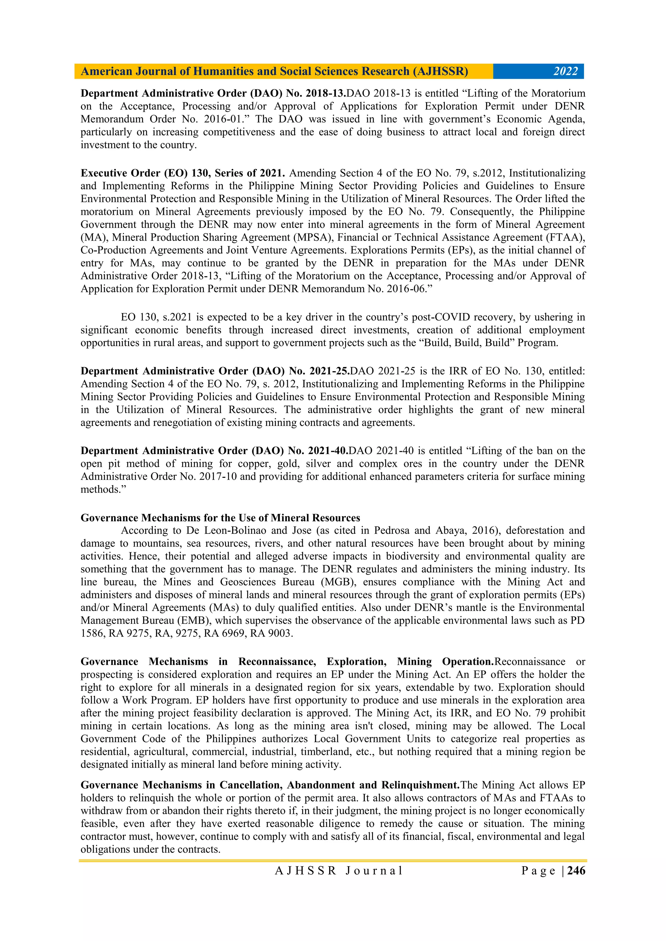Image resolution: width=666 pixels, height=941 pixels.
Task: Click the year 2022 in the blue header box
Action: click(565, 71)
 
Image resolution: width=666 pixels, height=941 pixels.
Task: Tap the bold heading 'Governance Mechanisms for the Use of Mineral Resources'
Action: click(220, 518)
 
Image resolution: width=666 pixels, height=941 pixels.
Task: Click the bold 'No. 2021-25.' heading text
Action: click(319, 371)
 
